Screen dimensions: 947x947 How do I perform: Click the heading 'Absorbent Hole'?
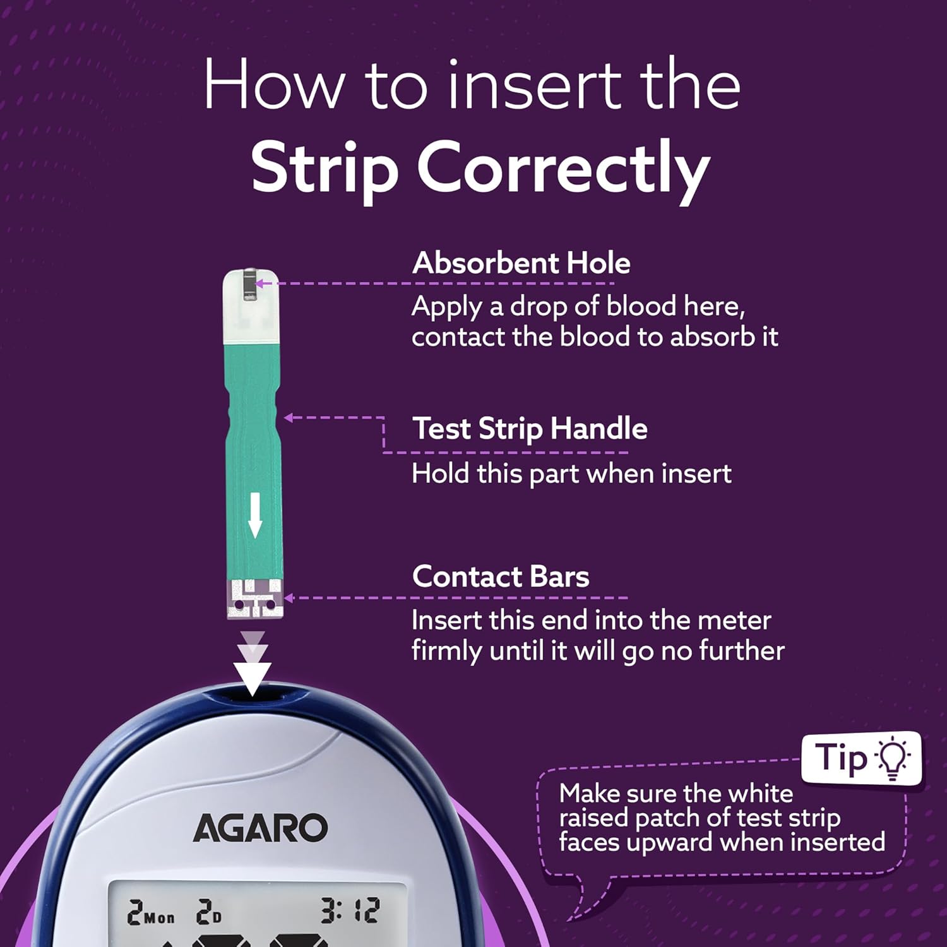coord(521,263)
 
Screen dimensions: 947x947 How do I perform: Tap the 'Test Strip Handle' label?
coord(530,429)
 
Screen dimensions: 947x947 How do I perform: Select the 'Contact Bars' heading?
coord(501,576)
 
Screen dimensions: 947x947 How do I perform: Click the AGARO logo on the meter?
coord(260,828)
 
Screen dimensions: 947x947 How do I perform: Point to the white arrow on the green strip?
coord(254,515)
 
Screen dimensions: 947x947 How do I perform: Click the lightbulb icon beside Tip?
coord(892,758)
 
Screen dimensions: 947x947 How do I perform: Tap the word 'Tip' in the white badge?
coord(840,758)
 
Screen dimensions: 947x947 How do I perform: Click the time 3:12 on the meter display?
coord(350,911)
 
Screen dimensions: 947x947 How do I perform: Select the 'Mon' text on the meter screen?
coord(159,917)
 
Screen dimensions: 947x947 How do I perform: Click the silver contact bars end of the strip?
coord(255,599)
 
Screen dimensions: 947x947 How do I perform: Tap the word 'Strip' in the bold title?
coord(325,168)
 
